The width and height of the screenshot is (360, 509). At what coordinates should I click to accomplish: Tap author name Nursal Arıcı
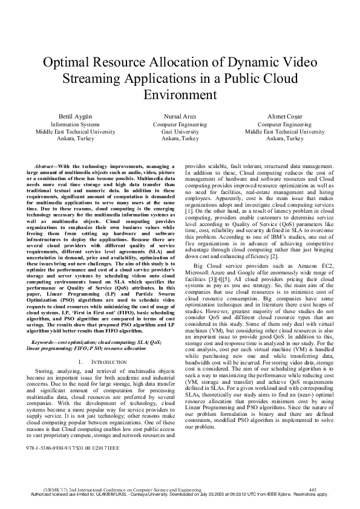pyautogui.click(x=180, y=115)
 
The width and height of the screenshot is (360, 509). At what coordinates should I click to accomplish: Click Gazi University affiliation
pyautogui.click(x=180, y=131)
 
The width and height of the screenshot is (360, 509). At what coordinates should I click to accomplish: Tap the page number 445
pyautogui.click(x=312, y=488)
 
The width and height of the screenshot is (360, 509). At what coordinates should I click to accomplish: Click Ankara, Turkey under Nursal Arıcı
pyautogui.click(x=180, y=138)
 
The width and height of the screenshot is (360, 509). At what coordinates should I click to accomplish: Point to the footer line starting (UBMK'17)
pyautogui.click(x=121, y=488)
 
